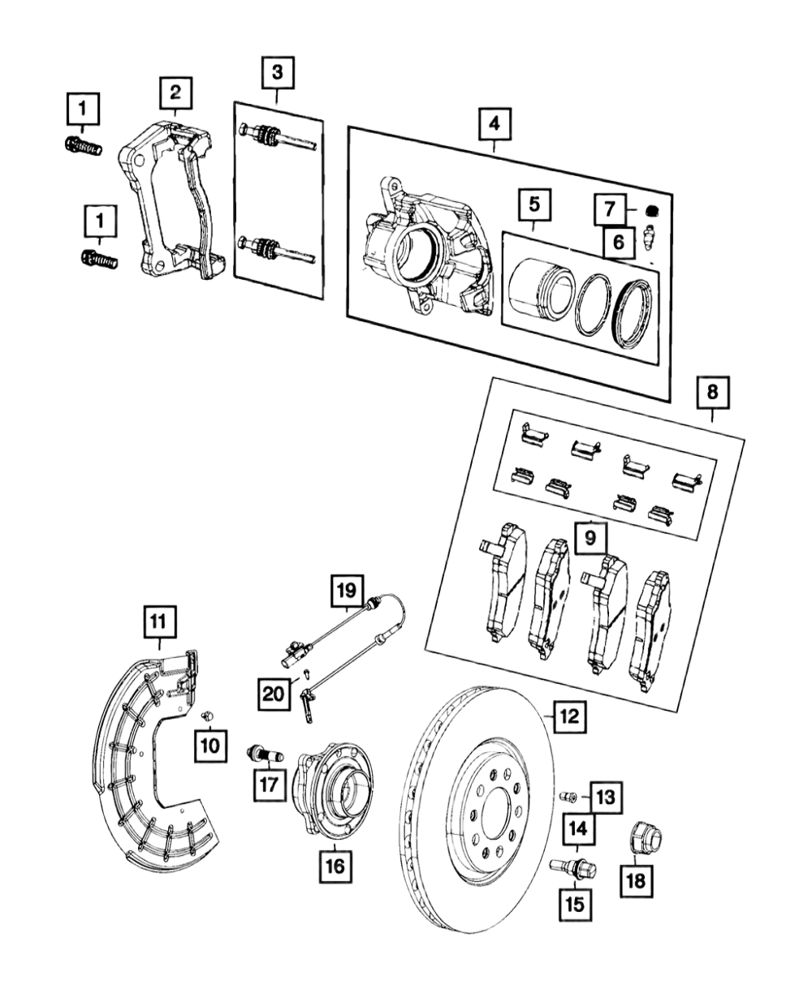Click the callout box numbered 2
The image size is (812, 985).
point(175,92)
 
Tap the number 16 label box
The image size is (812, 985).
point(335,866)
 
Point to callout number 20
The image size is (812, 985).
point(274,694)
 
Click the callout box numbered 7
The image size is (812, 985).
point(610,209)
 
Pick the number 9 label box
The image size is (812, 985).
point(590,537)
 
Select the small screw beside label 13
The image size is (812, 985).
point(568,797)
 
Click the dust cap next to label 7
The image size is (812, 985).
point(652,209)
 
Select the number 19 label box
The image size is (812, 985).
point(348,591)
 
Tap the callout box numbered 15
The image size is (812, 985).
point(575,905)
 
